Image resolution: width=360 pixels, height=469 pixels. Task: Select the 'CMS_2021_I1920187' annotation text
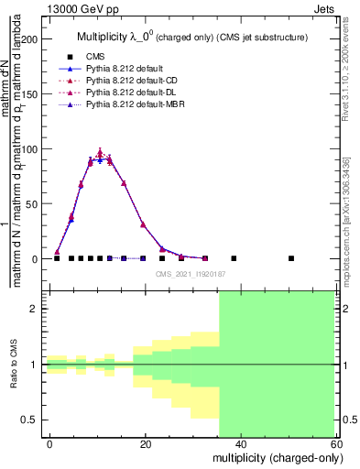(191, 274)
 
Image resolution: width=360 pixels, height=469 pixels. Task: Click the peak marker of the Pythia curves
(100, 153)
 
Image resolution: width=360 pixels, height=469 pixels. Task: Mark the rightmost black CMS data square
(291, 258)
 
